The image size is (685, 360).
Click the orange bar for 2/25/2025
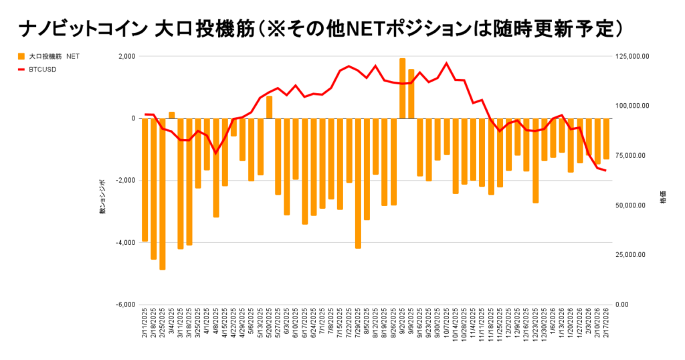pyautogui.click(x=163, y=194)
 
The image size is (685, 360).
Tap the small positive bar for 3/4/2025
pyautogui.click(x=172, y=115)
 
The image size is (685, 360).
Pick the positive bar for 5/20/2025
pyautogui.click(x=270, y=108)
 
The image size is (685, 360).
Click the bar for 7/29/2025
pyautogui.click(x=358, y=183)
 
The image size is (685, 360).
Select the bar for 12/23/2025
pyautogui.click(x=536, y=161)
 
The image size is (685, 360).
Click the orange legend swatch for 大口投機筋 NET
pyautogui.click(x=21, y=56)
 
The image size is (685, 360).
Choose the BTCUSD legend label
pyautogui.click(x=43, y=69)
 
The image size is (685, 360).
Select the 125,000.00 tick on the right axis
pyautogui.click(x=632, y=56)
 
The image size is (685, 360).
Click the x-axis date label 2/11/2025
pyautogui.click(x=145, y=325)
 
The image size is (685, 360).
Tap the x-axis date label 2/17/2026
pyautogui.click(x=606, y=325)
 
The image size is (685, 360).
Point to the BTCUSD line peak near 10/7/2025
pyautogui.click(x=446, y=64)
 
